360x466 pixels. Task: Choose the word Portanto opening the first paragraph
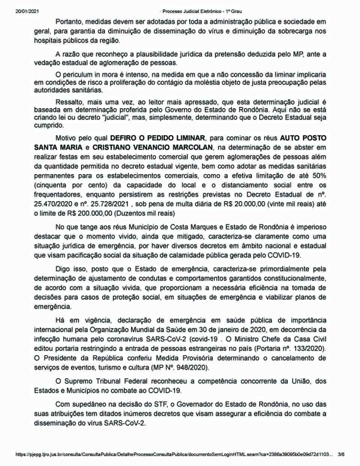(x=68, y=22)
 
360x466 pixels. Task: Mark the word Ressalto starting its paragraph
(x=68, y=102)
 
